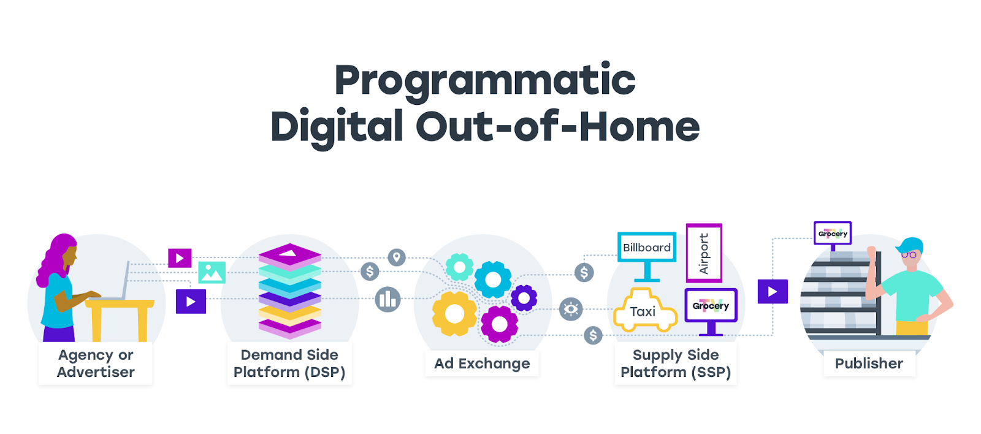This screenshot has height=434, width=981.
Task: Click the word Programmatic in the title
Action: pyautogui.click(x=485, y=81)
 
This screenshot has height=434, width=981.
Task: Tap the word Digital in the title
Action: pyautogui.click(x=337, y=128)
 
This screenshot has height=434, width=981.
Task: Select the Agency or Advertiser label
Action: pyautogui.click(x=96, y=363)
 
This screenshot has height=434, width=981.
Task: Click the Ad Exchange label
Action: pyautogui.click(x=482, y=364)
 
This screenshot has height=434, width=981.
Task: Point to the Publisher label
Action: pyautogui.click(x=869, y=364)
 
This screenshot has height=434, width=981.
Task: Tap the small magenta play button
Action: pyautogui.click(x=180, y=258)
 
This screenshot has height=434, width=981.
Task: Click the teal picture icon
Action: pyautogui.click(x=212, y=272)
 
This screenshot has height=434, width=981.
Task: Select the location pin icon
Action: pyautogui.click(x=397, y=257)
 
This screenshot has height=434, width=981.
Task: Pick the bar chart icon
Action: pyautogui.click(x=387, y=300)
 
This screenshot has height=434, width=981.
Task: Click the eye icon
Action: pyautogui.click(x=571, y=309)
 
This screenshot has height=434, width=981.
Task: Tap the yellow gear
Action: pyautogui.click(x=454, y=314)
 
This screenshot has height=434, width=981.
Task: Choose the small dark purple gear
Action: pyautogui.click(x=524, y=299)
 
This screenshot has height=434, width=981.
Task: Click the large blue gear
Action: pyautogui.click(x=493, y=280)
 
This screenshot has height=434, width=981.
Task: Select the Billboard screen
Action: pyautogui.click(x=647, y=248)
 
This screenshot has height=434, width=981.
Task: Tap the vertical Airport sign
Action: pyautogui.click(x=704, y=253)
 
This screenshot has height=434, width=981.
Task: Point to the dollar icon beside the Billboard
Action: pyautogui.click(x=584, y=272)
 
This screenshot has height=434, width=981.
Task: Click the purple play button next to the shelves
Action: pyautogui.click(x=773, y=292)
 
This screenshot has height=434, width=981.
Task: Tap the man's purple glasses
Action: pyautogui.click(x=909, y=254)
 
